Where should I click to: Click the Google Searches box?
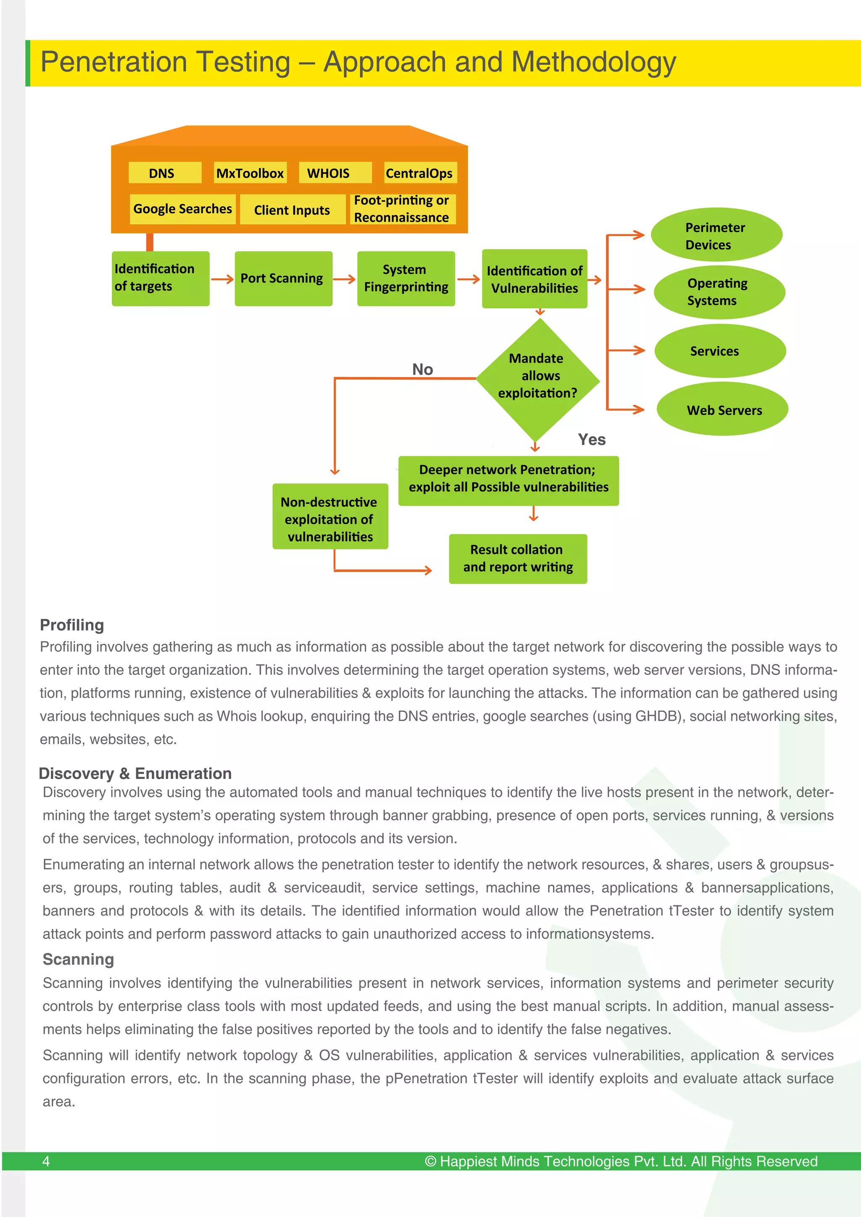pyautogui.click(x=182, y=209)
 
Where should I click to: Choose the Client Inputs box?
pyautogui.click(x=292, y=210)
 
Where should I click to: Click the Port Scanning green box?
pyautogui.click(x=283, y=278)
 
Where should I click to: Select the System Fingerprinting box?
pyautogui.click(x=406, y=278)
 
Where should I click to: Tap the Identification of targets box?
pyautogui.click(x=160, y=278)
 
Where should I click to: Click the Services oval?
pyautogui.click(x=719, y=351)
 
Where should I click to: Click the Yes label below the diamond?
pyautogui.click(x=592, y=439)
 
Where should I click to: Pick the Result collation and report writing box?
pyautogui.click(x=518, y=559)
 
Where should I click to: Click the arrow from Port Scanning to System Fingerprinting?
pyautogui.click(x=344, y=279)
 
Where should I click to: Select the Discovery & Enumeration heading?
pyautogui.click(x=135, y=774)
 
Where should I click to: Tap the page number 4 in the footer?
pyautogui.click(x=46, y=1161)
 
